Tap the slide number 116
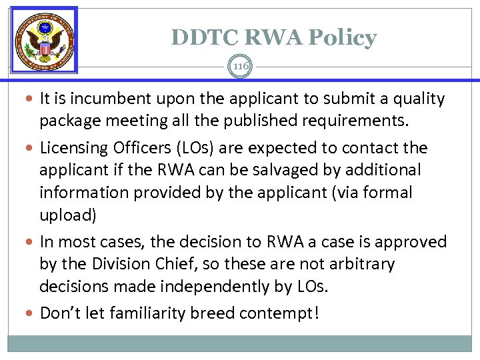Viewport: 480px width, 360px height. pyautogui.click(x=240, y=65)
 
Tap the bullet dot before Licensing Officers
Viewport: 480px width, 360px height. pyautogui.click(x=33, y=148)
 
